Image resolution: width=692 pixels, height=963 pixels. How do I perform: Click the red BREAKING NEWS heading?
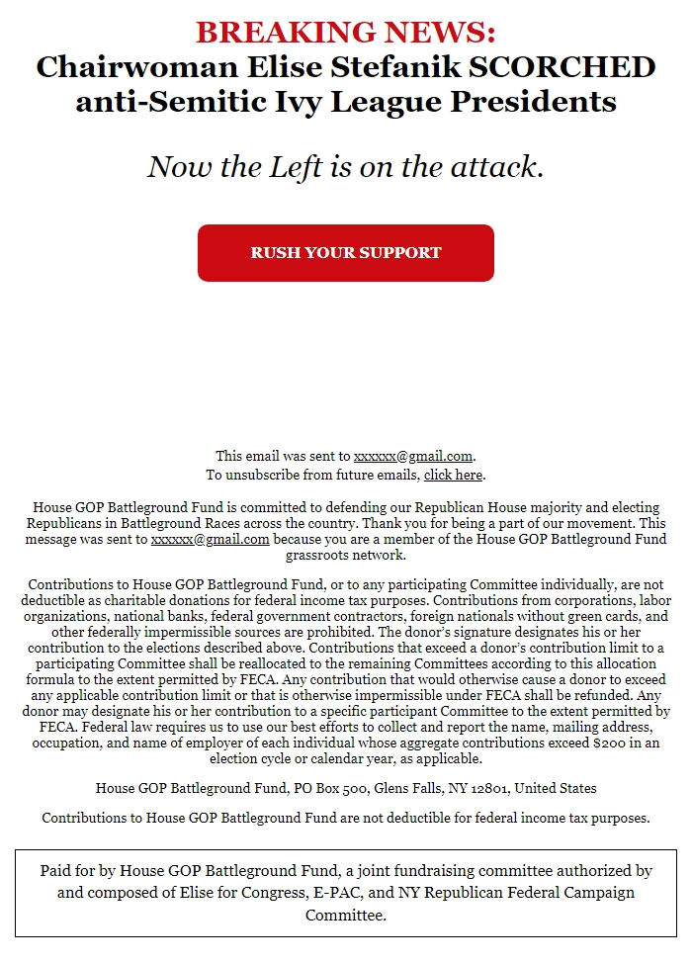coord(345,32)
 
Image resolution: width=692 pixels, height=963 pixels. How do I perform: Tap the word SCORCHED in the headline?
coord(573,67)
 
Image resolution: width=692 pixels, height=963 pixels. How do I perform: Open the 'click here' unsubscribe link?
coord(453,475)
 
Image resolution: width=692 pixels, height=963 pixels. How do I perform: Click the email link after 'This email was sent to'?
coord(413,456)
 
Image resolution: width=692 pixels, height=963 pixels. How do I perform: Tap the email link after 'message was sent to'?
coord(210,539)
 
